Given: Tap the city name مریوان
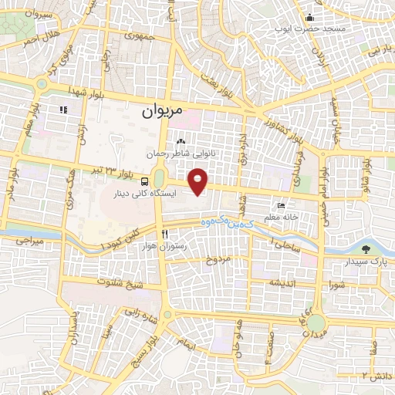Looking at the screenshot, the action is (x=163, y=111).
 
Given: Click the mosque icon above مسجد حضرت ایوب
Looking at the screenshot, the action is (x=310, y=18).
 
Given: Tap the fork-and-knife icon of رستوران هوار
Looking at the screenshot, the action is (x=164, y=234).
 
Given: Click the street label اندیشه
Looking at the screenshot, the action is (x=282, y=283).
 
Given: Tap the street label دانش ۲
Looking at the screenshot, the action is (x=377, y=375).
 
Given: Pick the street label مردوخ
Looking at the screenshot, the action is (x=218, y=260).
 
